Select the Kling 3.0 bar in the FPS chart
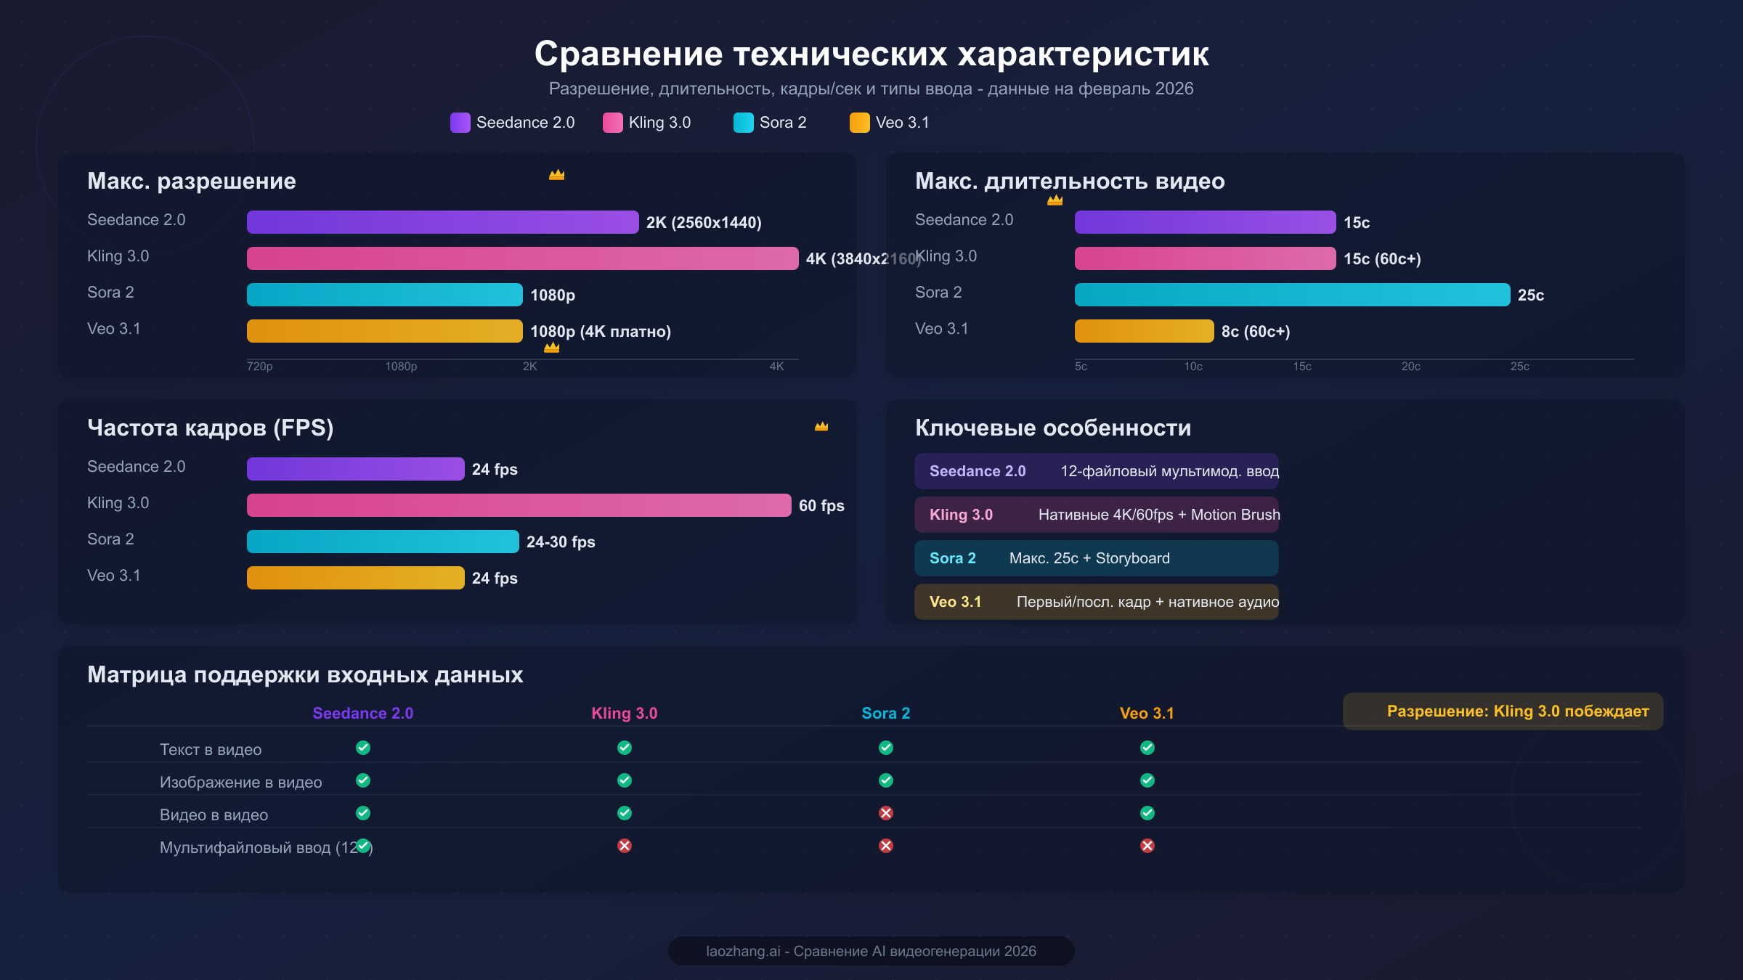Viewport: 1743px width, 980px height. click(x=519, y=505)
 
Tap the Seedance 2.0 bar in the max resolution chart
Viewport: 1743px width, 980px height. click(x=442, y=222)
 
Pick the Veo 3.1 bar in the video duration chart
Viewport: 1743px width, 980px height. click(x=1144, y=331)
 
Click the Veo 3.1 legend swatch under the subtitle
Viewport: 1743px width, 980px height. click(x=859, y=123)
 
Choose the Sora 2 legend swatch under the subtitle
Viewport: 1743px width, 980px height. click(x=743, y=123)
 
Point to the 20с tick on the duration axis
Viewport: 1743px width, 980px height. click(x=1410, y=367)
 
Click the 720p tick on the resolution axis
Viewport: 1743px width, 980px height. click(x=259, y=367)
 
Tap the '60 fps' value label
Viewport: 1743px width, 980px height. click(x=821, y=506)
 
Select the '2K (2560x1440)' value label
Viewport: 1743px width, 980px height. click(x=704, y=223)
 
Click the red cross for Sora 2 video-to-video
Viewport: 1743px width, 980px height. click(x=886, y=813)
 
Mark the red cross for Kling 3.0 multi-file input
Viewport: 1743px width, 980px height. click(x=625, y=846)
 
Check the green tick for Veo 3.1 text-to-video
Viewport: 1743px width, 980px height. click(x=1147, y=748)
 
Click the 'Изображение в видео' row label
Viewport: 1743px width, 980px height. click(x=240, y=783)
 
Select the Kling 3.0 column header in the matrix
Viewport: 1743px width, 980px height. click(x=624, y=714)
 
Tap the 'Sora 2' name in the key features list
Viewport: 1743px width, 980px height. click(x=952, y=558)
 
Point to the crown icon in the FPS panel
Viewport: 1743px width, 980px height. click(x=821, y=427)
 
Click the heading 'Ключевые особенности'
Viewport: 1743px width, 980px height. click(x=1052, y=428)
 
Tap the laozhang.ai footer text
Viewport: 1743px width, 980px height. click(x=871, y=951)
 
